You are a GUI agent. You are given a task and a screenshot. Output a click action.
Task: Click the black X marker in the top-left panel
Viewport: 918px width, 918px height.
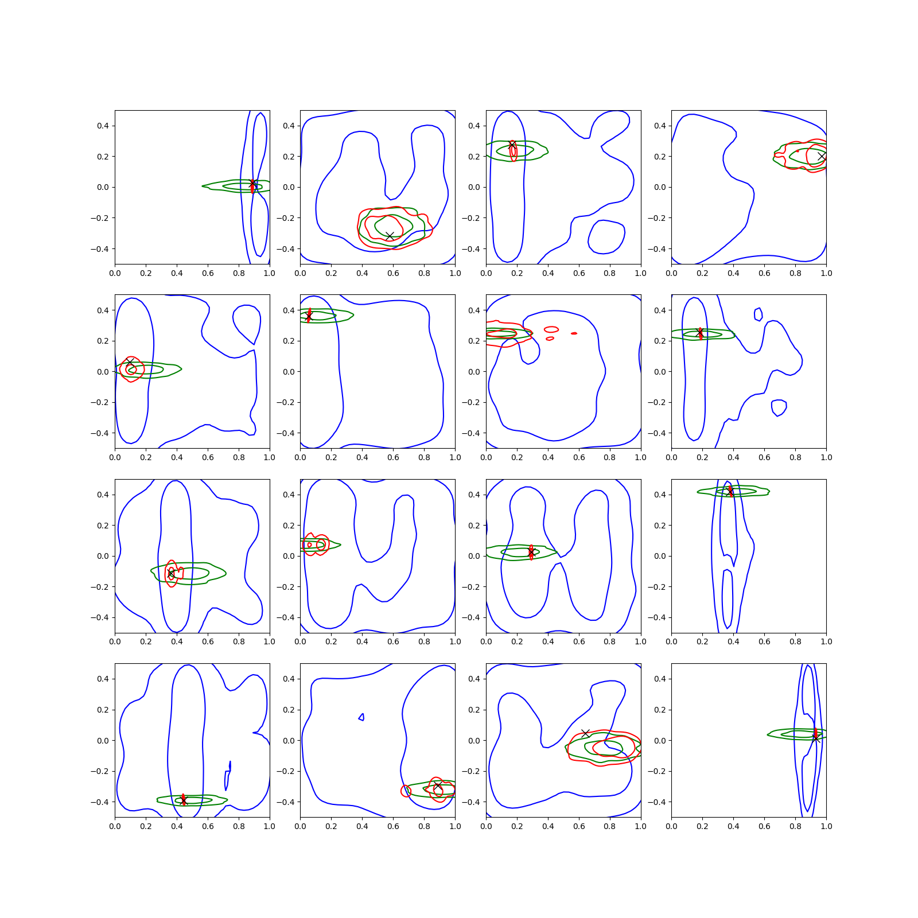coord(252,184)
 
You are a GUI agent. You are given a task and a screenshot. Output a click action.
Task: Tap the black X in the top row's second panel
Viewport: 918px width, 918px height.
coord(390,236)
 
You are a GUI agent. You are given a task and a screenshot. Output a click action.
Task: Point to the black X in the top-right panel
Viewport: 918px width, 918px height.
coord(822,156)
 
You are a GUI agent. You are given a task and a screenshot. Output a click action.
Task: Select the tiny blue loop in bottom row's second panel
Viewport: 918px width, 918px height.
coord(361,717)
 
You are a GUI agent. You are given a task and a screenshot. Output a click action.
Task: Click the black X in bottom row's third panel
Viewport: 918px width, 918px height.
coord(585,733)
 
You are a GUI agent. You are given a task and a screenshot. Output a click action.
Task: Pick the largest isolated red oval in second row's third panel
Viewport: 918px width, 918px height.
coord(551,329)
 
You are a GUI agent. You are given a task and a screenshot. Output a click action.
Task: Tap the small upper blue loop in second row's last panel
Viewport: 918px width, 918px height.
coord(758,314)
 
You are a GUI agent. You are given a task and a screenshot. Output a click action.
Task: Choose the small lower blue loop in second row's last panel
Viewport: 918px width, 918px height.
coord(779,408)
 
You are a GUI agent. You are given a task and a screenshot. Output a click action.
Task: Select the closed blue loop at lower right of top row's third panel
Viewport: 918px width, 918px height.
coord(606,236)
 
